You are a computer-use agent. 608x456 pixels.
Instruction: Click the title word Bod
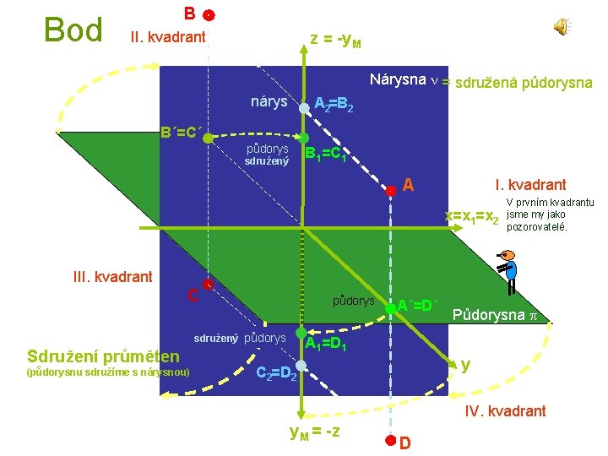73,30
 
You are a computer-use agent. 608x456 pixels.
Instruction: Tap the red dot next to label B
209,16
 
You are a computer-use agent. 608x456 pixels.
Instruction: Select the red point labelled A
390,190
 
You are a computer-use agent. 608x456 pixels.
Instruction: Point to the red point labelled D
390,440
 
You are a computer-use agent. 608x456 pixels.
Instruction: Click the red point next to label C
208,285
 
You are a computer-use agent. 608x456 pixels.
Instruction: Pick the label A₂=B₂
333,105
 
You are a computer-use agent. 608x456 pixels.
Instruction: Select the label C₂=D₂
276,372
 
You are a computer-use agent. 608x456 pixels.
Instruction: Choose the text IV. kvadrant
506,411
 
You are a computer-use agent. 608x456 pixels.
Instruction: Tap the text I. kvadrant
530,184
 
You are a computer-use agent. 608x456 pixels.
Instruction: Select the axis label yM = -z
314,432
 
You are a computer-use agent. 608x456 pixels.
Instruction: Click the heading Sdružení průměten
104,356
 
